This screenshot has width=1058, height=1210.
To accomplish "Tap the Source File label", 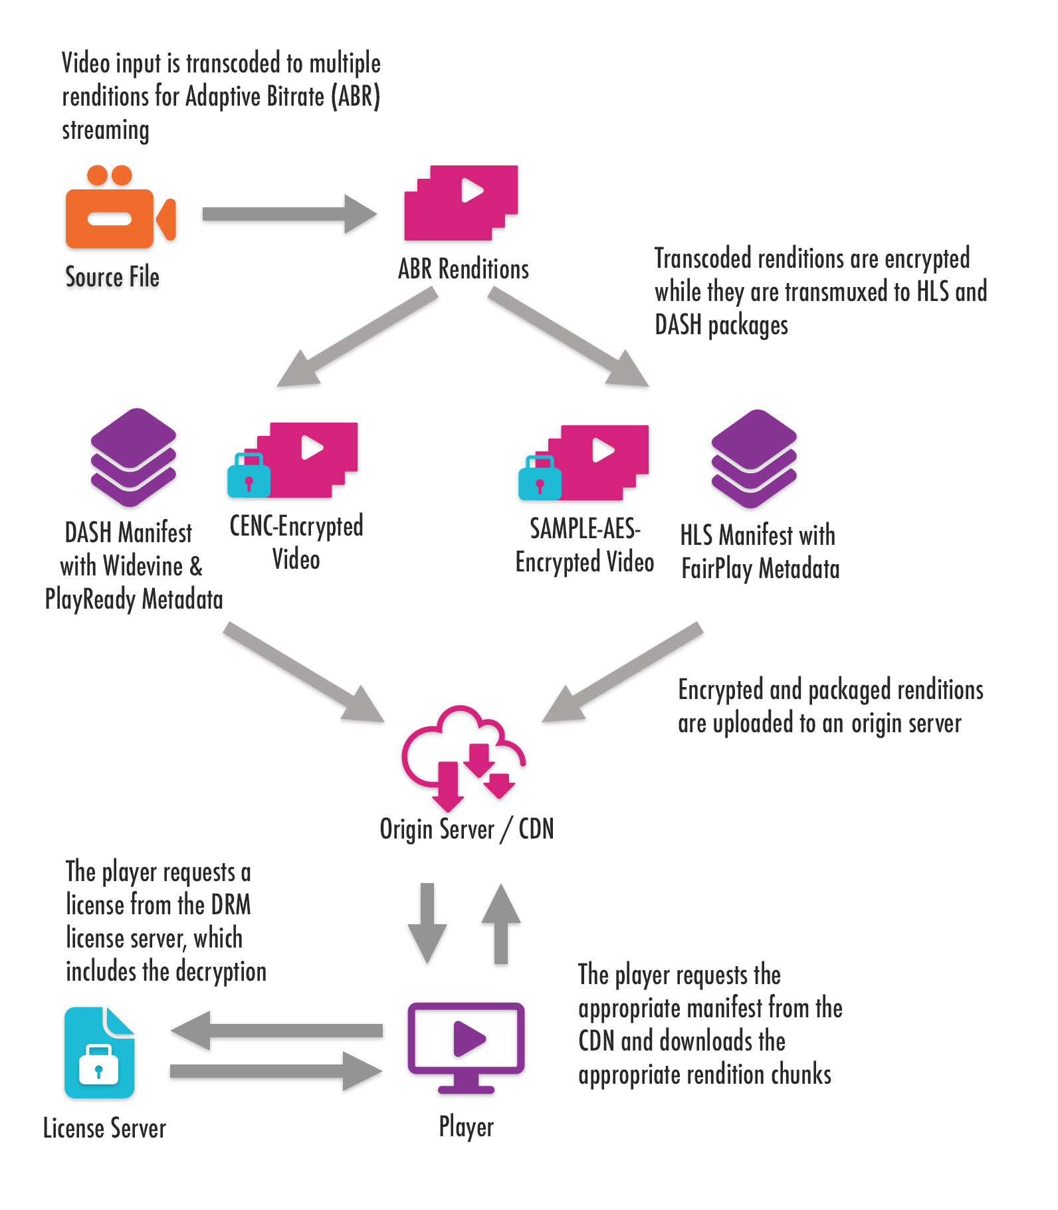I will (x=112, y=277).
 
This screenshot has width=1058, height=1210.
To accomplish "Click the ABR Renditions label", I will (x=463, y=269).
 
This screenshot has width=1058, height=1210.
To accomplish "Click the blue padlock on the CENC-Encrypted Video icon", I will (x=249, y=476).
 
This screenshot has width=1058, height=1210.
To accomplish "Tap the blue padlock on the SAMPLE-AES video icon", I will (x=539, y=478).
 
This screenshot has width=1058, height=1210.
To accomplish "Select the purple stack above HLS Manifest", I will (x=754, y=458).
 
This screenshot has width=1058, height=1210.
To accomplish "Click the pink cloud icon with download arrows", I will (x=463, y=757).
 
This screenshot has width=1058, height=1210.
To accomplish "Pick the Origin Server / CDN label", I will (x=467, y=829).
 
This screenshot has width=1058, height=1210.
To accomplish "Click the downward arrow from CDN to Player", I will (x=427, y=924).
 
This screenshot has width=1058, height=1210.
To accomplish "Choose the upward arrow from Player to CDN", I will (x=501, y=924).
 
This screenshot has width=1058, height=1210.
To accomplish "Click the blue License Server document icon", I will (x=100, y=1053).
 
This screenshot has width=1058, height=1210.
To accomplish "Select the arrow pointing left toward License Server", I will (x=276, y=1031).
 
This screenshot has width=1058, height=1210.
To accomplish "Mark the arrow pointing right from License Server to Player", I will (x=276, y=1070).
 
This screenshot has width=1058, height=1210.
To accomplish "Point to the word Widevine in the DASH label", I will (x=143, y=566).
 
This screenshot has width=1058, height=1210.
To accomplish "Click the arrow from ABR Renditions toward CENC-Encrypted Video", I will (x=358, y=339).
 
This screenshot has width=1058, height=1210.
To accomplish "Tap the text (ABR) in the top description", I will (x=358, y=97).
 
